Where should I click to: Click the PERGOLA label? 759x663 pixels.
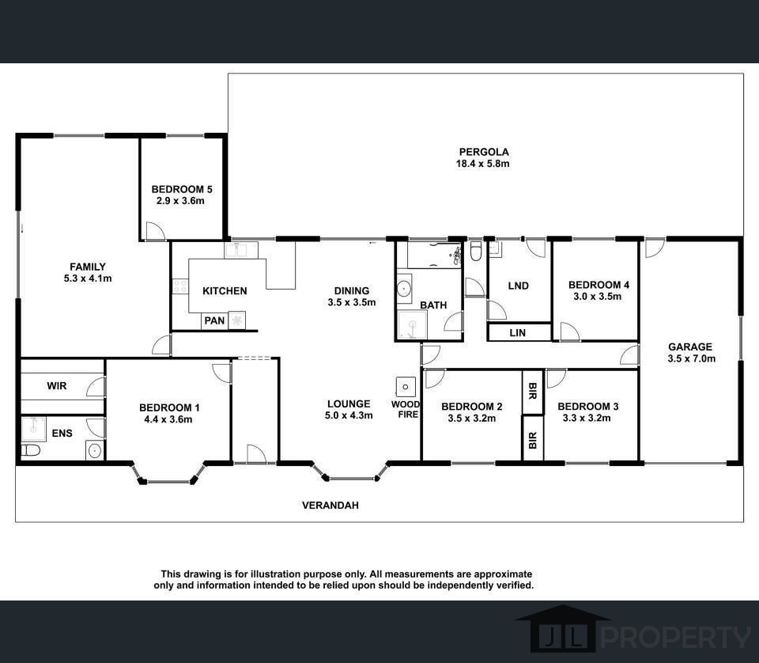coord(482,152)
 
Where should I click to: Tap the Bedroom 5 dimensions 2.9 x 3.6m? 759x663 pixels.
coord(182,201)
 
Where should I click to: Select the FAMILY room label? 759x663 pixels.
coord(87,267)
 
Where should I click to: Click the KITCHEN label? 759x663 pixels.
coord(225,291)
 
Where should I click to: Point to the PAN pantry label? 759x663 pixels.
coord(214,321)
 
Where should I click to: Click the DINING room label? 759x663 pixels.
coord(351,291)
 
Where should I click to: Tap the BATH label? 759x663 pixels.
coord(433,305)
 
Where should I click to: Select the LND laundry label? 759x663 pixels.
coord(518,286)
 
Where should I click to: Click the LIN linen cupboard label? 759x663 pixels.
coord(517,333)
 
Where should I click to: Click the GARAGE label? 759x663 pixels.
coord(690,347)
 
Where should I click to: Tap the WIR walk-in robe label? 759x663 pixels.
coord(57,386)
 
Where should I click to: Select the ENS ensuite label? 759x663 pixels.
coord(61,434)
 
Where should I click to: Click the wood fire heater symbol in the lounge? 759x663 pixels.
coord(406,387)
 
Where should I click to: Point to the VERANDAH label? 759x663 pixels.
coord(330,505)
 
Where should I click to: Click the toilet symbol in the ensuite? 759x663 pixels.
coord(30,450)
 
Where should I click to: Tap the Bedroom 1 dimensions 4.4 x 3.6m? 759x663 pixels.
coord(169,419)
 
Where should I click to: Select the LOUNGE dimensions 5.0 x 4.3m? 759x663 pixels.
coord(349,415)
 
